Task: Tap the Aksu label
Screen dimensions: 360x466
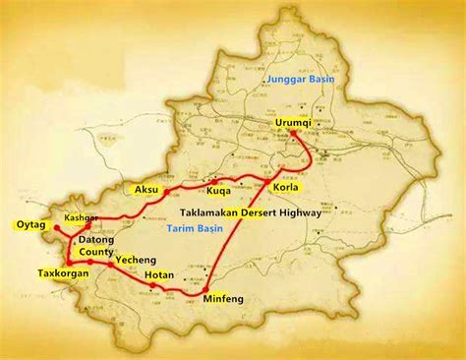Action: point(146,187)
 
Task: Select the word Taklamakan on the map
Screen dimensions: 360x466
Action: point(213,210)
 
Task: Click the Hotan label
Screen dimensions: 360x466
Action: point(160,276)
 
